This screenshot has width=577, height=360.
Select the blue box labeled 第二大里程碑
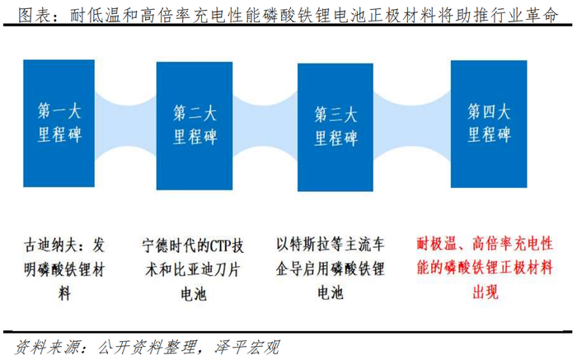[x=195, y=124]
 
